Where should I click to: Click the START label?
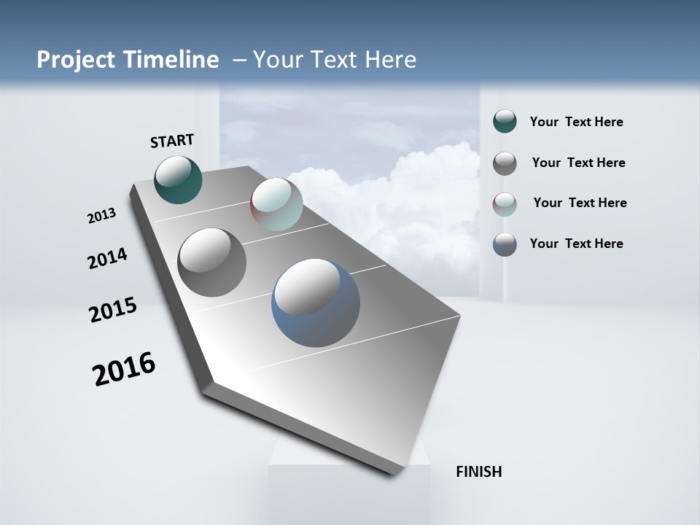tap(172, 140)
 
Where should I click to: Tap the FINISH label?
tap(479, 472)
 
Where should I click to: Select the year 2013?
tap(102, 216)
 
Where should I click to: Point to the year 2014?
tap(108, 258)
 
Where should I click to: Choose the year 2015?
tap(113, 310)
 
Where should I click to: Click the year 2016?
tap(124, 369)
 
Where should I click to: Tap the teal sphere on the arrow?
tap(179, 179)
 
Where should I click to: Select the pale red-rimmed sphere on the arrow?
tap(276, 204)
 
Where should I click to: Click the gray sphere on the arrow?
tap(212, 262)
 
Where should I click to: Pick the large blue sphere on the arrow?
tap(316, 303)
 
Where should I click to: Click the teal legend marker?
tap(505, 122)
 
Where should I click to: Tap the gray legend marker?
tap(505, 163)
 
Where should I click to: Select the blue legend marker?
tap(505, 244)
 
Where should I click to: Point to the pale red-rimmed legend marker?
tap(505, 204)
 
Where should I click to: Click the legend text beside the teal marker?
tap(576, 122)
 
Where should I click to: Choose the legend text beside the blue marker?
tap(576, 244)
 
